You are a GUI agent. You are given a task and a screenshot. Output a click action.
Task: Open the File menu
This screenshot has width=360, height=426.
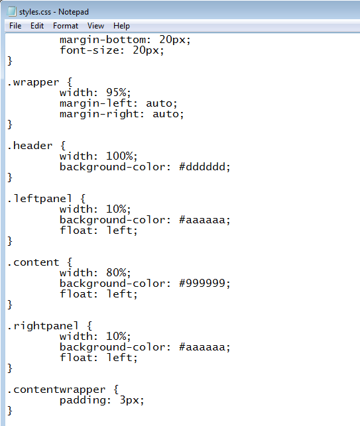click(x=15, y=26)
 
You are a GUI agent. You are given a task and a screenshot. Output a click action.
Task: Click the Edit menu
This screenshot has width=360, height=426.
click(x=37, y=26)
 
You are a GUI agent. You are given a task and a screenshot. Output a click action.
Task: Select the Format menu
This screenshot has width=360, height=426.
click(x=66, y=26)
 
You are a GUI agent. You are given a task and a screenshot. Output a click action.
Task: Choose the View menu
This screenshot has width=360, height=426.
click(x=95, y=26)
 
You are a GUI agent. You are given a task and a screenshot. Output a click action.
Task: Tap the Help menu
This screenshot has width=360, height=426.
click(x=121, y=26)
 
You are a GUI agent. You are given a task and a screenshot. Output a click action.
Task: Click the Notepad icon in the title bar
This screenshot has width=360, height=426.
click(x=12, y=11)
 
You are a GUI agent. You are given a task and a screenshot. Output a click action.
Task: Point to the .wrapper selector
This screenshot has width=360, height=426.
click(x=33, y=82)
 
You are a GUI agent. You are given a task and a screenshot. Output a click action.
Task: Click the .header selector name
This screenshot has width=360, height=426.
click(x=30, y=146)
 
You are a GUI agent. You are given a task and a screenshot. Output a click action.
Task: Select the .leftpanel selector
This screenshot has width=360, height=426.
click(x=40, y=199)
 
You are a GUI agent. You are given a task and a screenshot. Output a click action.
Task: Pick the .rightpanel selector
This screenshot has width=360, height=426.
click(x=43, y=326)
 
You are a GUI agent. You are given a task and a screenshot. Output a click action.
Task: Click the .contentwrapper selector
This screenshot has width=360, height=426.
click(x=56, y=390)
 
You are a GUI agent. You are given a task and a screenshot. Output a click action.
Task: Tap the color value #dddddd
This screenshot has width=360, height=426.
click(x=205, y=167)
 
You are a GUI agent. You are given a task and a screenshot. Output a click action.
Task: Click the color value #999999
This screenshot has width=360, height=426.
click(x=205, y=284)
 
